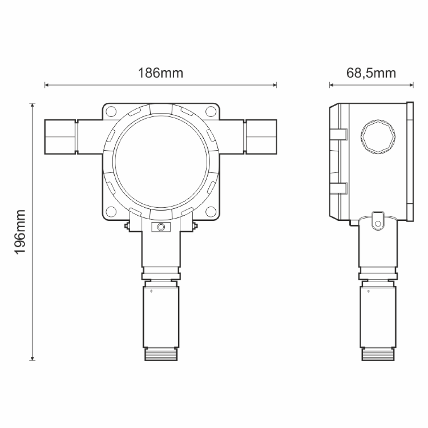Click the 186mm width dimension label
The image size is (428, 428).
160,73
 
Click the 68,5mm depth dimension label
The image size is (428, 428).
371,73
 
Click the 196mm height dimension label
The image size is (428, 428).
21,232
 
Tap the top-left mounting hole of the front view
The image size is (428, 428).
111,112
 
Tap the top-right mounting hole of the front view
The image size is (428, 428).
210,112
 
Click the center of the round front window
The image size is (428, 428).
160,161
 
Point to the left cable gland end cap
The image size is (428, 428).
60,137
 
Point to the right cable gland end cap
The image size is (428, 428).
261,137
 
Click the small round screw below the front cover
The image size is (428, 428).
160,226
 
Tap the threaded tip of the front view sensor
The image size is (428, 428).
160,354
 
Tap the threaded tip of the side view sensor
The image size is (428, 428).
377,354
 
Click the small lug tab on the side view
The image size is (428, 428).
377,219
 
